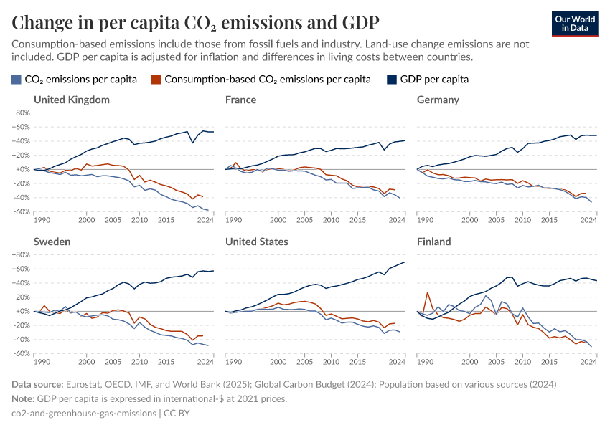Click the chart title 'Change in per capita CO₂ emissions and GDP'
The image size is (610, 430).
195,22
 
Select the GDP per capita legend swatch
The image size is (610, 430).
392,79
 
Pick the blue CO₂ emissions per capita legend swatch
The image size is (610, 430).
17,79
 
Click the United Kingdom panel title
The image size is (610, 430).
72,100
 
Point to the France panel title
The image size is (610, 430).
240,100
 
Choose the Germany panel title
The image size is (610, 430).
438,100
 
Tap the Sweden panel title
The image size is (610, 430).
52,242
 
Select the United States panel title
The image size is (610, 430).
256,242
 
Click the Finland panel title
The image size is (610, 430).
433,242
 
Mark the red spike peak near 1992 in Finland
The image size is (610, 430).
428,292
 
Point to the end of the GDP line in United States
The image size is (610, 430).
405,262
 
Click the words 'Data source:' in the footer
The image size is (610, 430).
38,385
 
